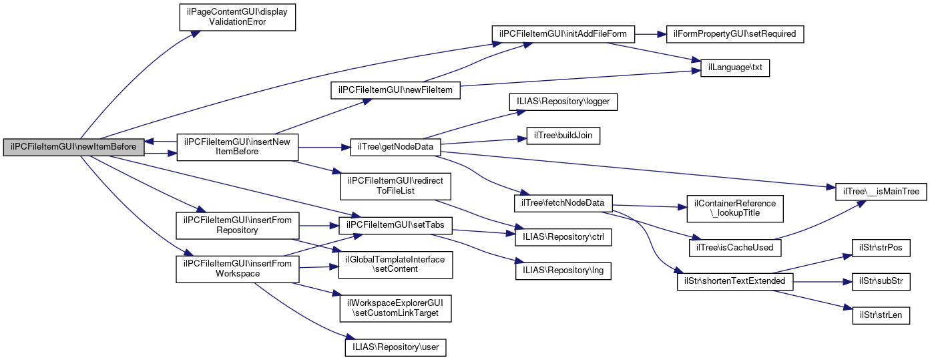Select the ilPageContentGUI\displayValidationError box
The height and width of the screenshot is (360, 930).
pos(236,17)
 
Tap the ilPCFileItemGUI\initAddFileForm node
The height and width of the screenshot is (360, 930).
pos(563,33)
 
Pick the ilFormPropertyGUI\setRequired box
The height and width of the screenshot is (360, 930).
pos(735,33)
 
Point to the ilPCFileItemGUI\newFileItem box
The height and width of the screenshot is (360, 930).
pos(395,89)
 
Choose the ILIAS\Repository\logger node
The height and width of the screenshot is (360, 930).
pos(563,101)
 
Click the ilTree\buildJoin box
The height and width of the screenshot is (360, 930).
pos(563,136)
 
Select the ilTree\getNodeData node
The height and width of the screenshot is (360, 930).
pos(395,147)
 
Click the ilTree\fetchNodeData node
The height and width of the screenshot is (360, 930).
pos(563,202)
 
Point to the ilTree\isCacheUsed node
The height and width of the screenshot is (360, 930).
pos(734,247)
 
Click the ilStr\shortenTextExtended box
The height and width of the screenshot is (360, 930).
pos(734,282)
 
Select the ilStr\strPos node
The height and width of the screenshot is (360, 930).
pos(881,247)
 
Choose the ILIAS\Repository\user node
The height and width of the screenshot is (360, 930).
pos(395,347)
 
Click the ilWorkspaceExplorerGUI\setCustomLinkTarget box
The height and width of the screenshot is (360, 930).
pos(395,307)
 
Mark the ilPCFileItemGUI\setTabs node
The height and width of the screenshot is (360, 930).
pos(395,225)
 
